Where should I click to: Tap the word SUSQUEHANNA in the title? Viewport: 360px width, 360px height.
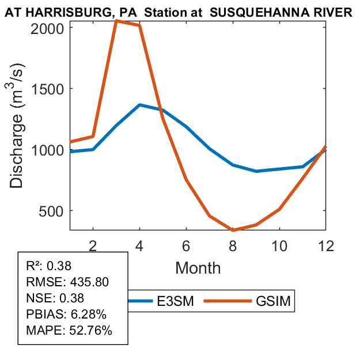[249, 13]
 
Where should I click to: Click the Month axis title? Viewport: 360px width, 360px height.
[198, 267]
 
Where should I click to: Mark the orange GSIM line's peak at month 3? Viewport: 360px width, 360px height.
[116, 21]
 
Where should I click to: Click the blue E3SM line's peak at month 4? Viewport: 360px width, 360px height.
[140, 105]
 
